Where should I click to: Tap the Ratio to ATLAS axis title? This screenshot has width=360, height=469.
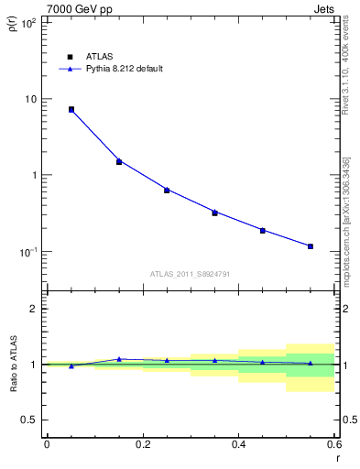click(12, 364)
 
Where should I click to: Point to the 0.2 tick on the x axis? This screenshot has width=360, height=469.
click(142, 445)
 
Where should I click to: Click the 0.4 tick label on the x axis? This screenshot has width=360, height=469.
click(238, 445)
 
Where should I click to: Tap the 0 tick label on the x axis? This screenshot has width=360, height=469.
click(47, 445)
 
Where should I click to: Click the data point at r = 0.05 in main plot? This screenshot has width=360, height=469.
click(71, 109)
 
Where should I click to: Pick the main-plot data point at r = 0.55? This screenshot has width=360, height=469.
click(311, 246)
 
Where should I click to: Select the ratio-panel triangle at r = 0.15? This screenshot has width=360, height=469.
click(119, 359)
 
